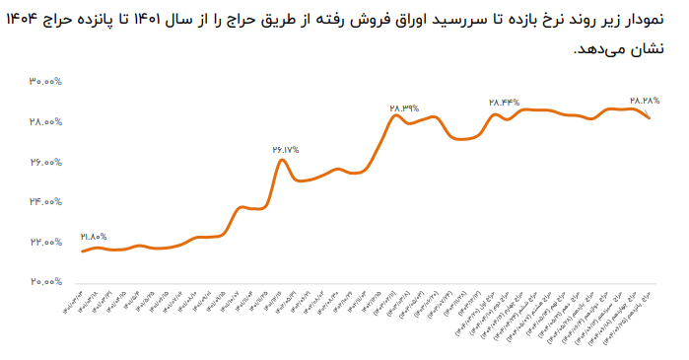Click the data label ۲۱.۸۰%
point(92,237)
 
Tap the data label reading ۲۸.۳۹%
point(404,108)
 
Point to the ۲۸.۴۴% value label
point(504,103)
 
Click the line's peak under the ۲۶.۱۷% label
point(282,160)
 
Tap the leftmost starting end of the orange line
point(83,252)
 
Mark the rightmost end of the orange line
point(649,118)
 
